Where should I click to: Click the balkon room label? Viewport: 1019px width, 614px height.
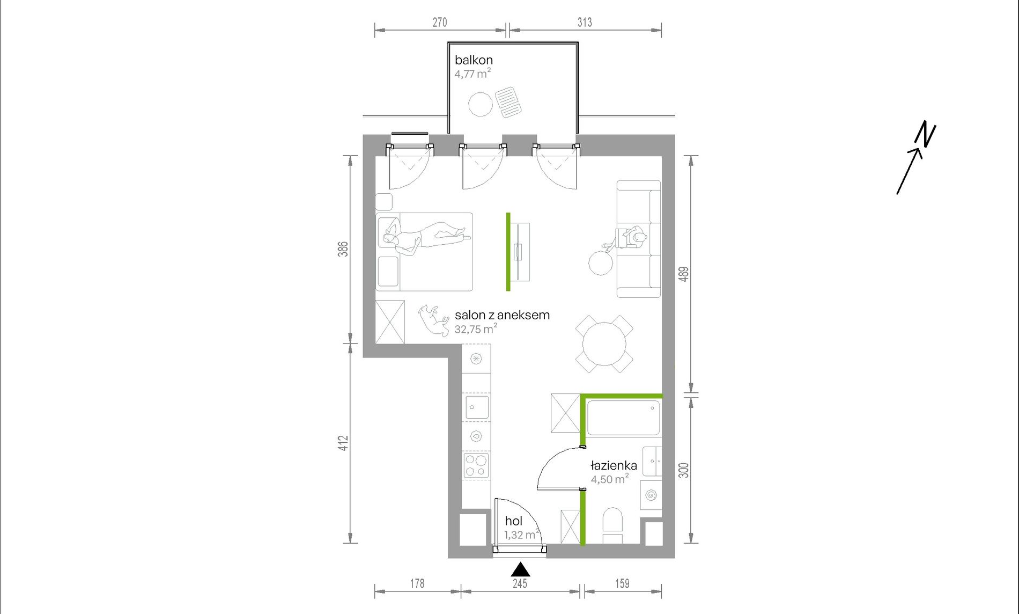[x=474, y=60]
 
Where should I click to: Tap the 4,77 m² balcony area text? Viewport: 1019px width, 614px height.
[x=472, y=74]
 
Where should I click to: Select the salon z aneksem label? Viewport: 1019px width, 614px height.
[x=502, y=315]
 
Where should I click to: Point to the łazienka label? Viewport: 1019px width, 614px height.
[x=614, y=465]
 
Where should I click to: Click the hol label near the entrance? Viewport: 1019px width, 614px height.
[x=513, y=521]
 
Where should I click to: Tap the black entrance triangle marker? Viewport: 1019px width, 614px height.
[x=520, y=569]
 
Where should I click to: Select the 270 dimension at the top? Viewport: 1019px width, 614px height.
[x=440, y=22]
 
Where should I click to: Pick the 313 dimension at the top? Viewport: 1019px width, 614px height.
[x=585, y=22]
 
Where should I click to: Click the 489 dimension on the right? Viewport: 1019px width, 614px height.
[x=683, y=274]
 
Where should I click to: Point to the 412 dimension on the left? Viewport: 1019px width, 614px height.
[x=343, y=443]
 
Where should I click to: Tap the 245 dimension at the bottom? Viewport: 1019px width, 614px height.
[x=520, y=583]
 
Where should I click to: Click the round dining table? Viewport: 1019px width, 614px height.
[x=604, y=344]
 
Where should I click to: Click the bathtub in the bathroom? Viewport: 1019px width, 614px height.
[x=624, y=418]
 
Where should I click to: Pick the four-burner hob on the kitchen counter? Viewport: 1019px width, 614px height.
[x=476, y=465]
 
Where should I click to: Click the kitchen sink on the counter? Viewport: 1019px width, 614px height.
[x=476, y=407]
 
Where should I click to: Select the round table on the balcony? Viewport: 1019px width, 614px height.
[x=480, y=104]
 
